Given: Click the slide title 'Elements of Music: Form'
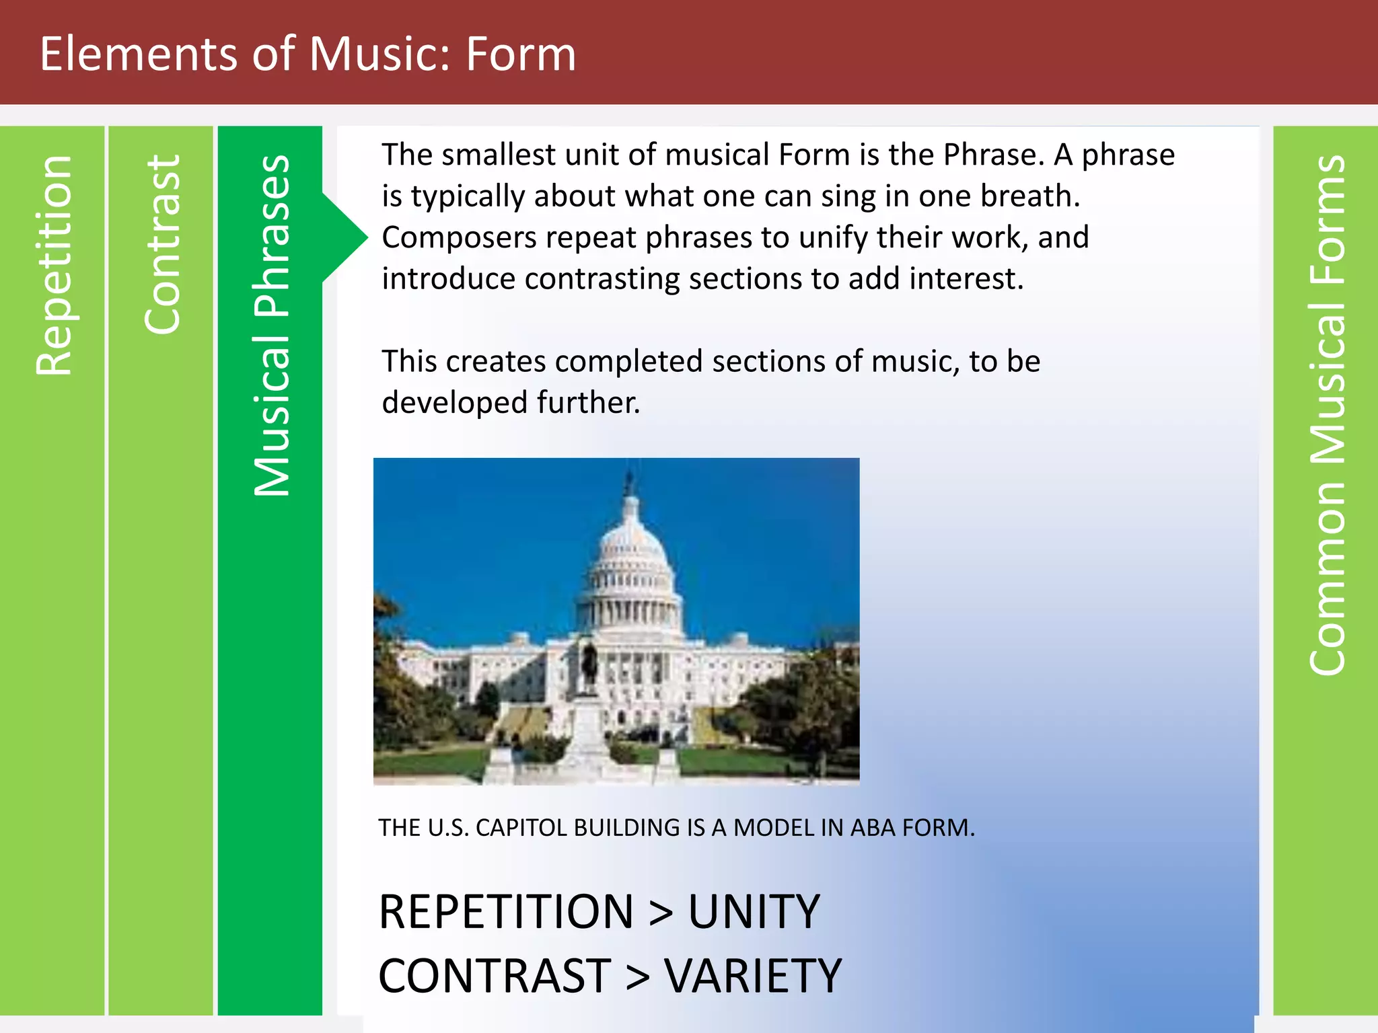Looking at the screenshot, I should [307, 54].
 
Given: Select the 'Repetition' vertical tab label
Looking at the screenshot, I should [54, 266].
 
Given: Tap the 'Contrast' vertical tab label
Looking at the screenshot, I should [162, 245].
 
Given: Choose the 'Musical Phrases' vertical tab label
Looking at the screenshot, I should [271, 326].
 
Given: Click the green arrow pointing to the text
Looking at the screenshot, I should [344, 237].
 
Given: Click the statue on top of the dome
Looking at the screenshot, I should [630, 482].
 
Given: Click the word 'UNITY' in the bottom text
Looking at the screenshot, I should [754, 913].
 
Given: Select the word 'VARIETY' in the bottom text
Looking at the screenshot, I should [753, 977].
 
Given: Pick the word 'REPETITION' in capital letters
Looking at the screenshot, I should [506, 913].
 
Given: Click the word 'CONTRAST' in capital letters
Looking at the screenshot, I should [495, 977].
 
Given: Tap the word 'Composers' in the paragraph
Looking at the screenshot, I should [459, 238].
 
